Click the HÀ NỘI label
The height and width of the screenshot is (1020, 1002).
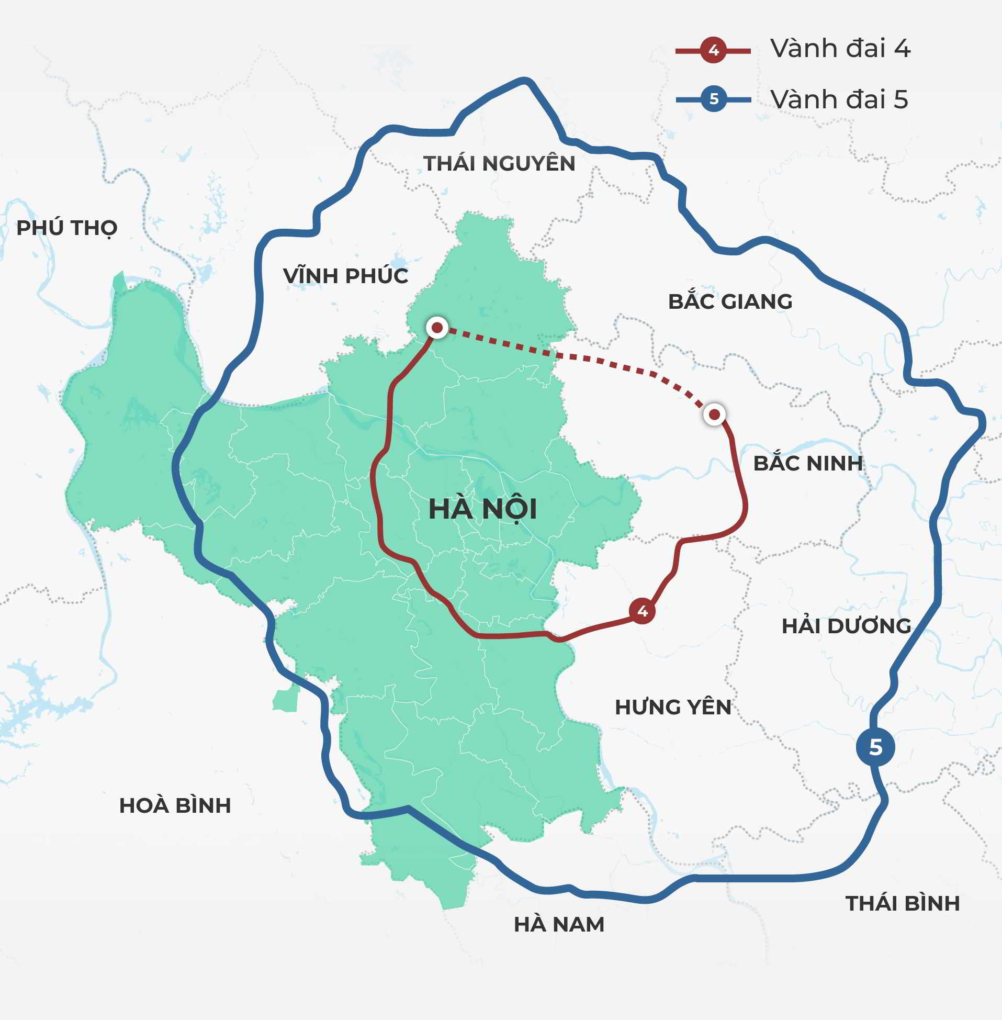(x=482, y=509)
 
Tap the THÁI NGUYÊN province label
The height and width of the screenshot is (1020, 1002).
(x=499, y=164)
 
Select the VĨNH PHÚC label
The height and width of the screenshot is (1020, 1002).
(x=345, y=276)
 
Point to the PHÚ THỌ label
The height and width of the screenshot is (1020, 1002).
(x=67, y=228)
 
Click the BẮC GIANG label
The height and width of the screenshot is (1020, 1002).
(x=730, y=301)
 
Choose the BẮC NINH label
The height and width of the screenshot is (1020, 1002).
(x=808, y=463)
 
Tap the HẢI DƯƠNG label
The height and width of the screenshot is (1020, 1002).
(x=846, y=626)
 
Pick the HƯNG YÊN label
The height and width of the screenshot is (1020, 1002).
(x=673, y=707)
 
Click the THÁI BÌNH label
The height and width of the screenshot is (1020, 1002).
(x=903, y=903)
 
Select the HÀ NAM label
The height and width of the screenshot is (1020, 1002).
(x=559, y=924)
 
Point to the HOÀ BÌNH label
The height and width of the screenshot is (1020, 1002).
(x=175, y=805)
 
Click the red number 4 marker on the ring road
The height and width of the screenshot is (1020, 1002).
(x=642, y=611)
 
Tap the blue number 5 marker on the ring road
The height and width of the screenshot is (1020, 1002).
(x=875, y=747)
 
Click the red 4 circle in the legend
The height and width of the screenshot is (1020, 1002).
(x=714, y=51)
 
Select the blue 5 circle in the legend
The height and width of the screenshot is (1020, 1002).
(x=714, y=99)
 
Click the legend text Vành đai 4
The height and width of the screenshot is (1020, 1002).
(x=840, y=49)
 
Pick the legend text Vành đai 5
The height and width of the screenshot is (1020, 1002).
(x=839, y=99)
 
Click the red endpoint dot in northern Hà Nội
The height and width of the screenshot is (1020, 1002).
(x=437, y=328)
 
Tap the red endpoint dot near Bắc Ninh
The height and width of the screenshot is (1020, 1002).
(x=714, y=414)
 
